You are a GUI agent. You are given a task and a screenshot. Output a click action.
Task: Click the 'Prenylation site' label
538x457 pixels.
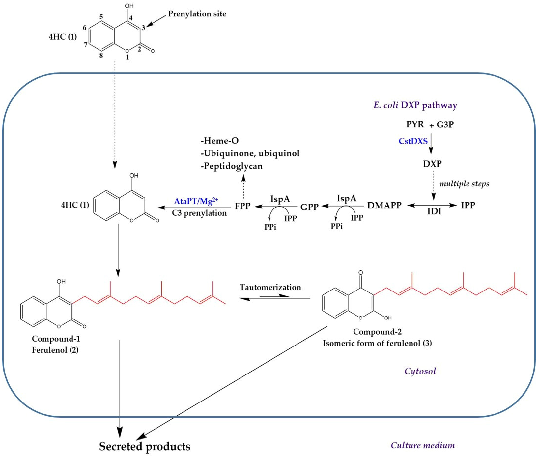[197, 14]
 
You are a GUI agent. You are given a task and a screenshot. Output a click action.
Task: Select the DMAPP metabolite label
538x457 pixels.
[384, 205]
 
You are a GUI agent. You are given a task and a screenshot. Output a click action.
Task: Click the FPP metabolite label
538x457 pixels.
[243, 206]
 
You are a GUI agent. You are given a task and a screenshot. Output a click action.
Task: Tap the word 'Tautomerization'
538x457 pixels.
[270, 287]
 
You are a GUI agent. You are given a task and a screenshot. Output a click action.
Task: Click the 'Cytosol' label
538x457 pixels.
[420, 371]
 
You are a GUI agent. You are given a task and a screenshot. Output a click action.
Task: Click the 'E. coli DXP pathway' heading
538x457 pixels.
[415, 105]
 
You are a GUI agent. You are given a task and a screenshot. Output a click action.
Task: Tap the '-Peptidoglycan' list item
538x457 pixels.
[231, 166]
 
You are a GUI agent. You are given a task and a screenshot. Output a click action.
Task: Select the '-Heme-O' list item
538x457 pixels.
[220, 141]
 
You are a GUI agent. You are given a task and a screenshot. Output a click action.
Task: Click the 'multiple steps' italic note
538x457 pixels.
[464, 184]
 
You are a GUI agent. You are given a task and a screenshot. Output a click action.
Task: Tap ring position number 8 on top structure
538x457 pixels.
[101, 55]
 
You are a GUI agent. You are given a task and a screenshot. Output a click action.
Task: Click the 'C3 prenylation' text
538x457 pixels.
[199, 213]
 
